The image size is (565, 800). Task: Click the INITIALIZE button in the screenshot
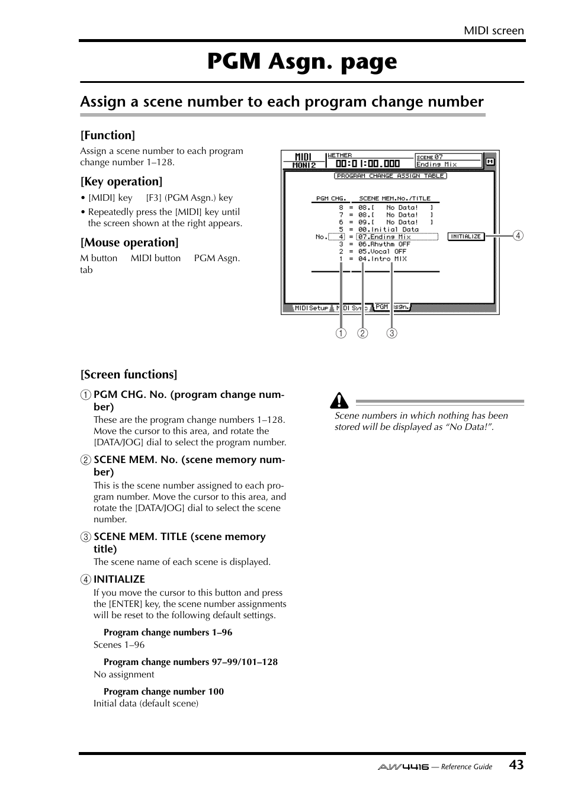tap(466, 236)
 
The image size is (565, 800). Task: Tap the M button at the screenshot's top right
tap(490, 161)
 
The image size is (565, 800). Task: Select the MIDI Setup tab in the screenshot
tap(311, 308)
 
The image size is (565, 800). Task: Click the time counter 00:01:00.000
tap(367, 164)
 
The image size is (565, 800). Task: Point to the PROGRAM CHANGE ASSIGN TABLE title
tap(390, 176)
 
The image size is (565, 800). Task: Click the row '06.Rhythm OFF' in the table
tap(384, 244)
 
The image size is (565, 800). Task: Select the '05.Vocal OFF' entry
tap(382, 251)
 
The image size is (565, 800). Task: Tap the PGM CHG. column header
tap(330, 198)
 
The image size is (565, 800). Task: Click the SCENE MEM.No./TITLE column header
tap(394, 198)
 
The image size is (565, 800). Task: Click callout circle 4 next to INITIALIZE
tap(518, 236)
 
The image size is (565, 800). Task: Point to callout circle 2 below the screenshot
tap(362, 333)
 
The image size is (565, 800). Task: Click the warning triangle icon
tap(339, 401)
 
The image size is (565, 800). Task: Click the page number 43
tap(516, 764)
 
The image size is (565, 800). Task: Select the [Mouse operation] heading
tap(129, 242)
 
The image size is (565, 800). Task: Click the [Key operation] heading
tap(121, 181)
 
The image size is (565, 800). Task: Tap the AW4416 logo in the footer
tap(403, 766)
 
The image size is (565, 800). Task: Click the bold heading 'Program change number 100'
tap(163, 691)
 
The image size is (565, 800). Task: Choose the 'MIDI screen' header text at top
tap(493, 30)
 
